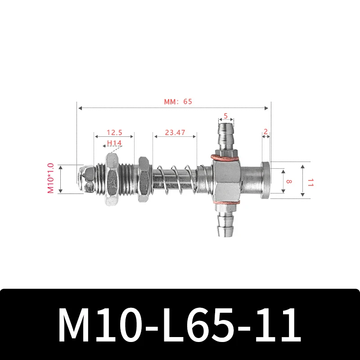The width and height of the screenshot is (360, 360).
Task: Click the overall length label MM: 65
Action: pos(177,102)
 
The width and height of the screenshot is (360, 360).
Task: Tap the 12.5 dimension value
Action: pos(114,133)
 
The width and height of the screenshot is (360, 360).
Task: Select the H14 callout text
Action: pos(114,144)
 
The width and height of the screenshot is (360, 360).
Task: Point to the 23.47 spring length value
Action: pos(175,133)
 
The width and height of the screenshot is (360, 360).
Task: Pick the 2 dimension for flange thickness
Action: pos(266,132)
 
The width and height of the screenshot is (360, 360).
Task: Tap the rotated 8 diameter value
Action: pos(288,181)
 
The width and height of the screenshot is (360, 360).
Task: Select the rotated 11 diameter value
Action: pos(310,181)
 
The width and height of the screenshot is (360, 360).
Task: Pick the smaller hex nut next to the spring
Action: pos(144,180)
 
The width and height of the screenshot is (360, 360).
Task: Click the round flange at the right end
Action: pos(266,180)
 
